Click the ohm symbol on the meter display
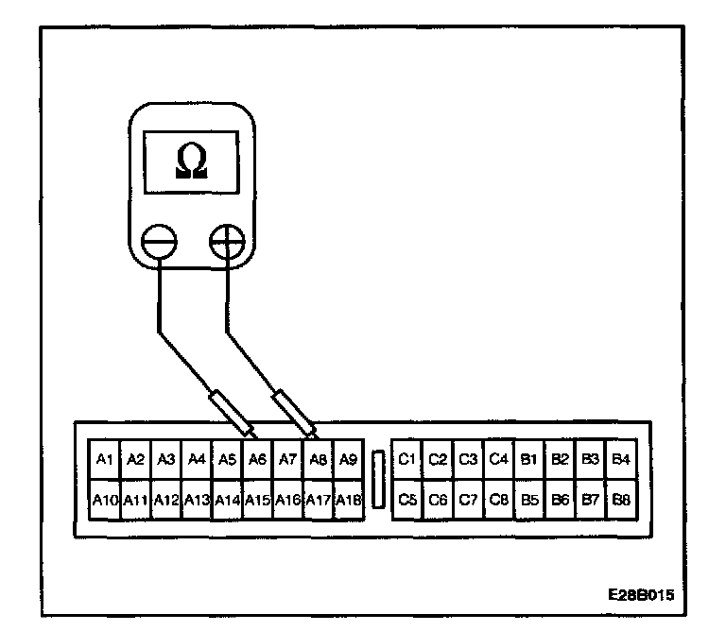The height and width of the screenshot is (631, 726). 191,162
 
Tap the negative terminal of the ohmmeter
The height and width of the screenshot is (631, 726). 160,243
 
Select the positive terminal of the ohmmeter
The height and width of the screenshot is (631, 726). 227,243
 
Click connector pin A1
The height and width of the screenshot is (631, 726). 104,460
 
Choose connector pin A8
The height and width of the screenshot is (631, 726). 319,460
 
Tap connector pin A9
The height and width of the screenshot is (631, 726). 349,460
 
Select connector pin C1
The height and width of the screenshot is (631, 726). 407,460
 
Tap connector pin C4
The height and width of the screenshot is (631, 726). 498,460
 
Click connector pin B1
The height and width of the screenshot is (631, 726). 529,460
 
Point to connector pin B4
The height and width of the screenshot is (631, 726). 620,460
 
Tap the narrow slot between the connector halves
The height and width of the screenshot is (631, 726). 377,479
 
